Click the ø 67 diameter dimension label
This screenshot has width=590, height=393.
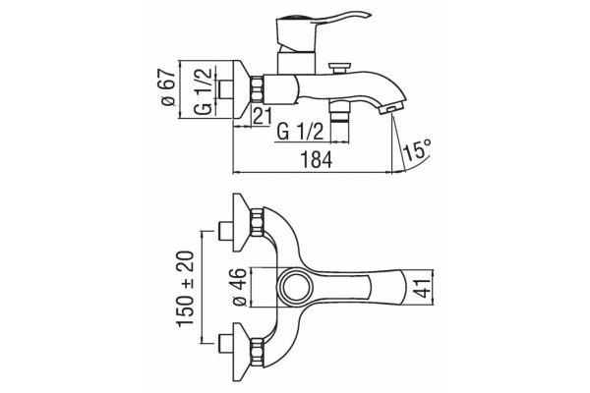tap(169, 87)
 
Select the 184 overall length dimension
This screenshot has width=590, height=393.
tap(317, 160)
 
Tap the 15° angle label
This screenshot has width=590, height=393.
tap(417, 149)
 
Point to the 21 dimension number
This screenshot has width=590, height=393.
tap(263, 117)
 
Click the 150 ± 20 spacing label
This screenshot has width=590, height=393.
tap(186, 289)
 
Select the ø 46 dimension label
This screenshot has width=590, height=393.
tap(240, 287)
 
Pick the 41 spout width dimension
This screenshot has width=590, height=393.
tap(425, 287)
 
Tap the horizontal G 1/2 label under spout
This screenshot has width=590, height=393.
tap(300, 132)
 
